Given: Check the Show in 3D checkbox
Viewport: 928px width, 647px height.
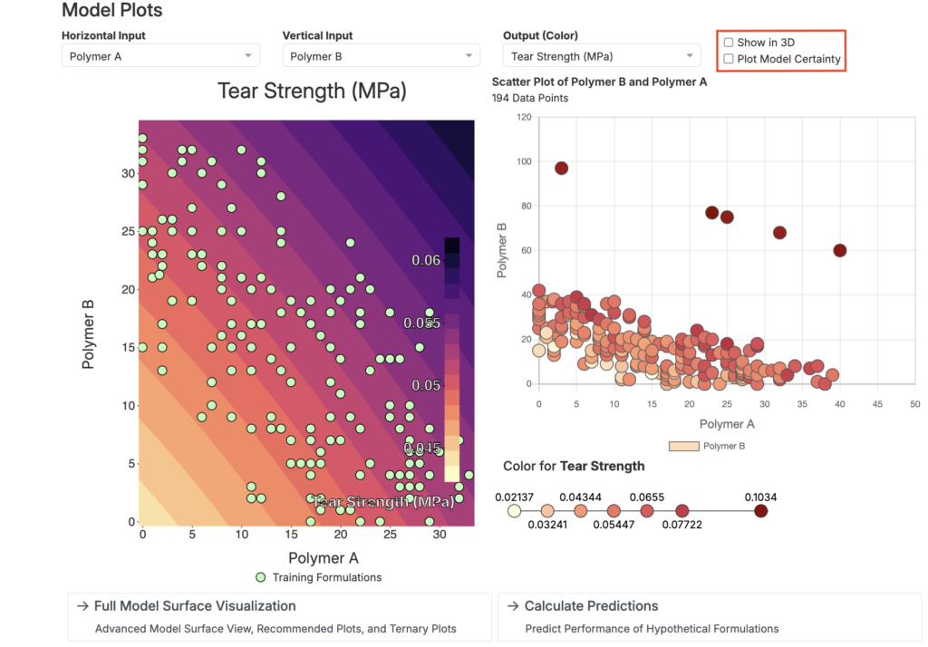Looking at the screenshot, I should pyautogui.click(x=729, y=43).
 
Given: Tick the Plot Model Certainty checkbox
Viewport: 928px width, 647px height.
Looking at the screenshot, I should pyautogui.click(x=729, y=59).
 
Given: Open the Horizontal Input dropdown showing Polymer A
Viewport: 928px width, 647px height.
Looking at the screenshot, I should pyautogui.click(x=160, y=56).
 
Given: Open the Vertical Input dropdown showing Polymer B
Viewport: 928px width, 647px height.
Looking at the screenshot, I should pyautogui.click(x=381, y=56).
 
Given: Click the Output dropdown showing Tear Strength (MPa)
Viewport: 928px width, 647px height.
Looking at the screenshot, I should pyautogui.click(x=602, y=56).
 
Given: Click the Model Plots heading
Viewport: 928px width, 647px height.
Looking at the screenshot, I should pyautogui.click(x=111, y=11).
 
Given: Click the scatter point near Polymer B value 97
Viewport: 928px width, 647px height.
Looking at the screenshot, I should pyautogui.click(x=561, y=168).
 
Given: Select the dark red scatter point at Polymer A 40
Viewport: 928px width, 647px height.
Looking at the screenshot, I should pyautogui.click(x=840, y=250).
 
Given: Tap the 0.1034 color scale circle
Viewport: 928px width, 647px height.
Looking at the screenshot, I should pyautogui.click(x=761, y=511).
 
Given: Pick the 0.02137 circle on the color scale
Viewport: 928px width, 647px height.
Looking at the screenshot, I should pyautogui.click(x=514, y=511).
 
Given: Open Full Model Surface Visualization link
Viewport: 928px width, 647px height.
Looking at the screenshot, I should pyautogui.click(x=195, y=605).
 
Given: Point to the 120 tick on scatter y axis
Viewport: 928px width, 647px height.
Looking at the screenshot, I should pyautogui.click(x=523, y=117).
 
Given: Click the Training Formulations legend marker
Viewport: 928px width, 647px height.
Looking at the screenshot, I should pyautogui.click(x=260, y=577).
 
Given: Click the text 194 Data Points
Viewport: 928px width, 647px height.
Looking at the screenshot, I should pyautogui.click(x=530, y=98).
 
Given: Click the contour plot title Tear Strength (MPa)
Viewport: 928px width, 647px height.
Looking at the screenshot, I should pyautogui.click(x=312, y=91).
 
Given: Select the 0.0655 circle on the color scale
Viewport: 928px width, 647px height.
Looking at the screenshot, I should pyautogui.click(x=647, y=511).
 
